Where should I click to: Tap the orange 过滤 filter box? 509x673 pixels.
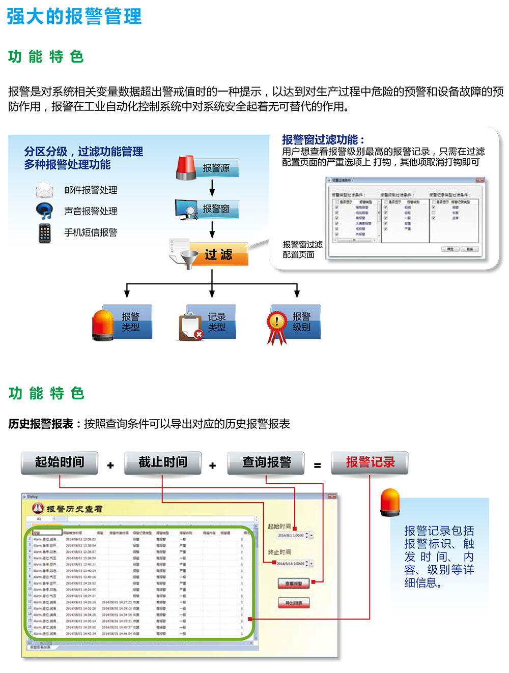[x=219, y=254]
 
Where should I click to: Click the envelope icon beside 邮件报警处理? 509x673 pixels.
[x=44, y=190]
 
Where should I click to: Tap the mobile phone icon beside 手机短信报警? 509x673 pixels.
[x=45, y=232]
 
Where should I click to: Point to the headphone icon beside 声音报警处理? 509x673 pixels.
[x=44, y=211]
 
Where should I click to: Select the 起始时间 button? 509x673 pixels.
[x=60, y=462]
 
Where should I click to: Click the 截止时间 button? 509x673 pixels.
[x=163, y=462]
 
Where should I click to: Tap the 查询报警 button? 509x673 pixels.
[x=266, y=462]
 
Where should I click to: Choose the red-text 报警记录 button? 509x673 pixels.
[x=370, y=462]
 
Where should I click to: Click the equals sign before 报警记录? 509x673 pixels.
[x=318, y=465]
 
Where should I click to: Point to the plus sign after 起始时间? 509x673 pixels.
[x=110, y=465]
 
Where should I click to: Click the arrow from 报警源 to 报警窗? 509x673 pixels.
[x=212, y=188]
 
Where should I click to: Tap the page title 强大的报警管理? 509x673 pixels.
[x=74, y=16]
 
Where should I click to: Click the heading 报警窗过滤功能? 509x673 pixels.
[x=323, y=139]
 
